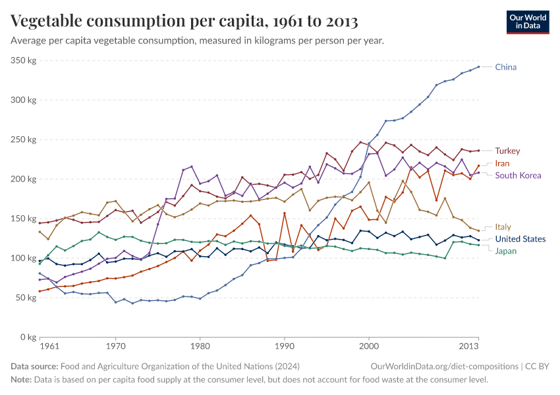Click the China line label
point(505,67)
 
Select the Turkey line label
point(507,151)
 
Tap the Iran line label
point(503,163)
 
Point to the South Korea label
point(518,175)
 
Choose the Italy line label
point(503,227)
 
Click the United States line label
point(520,239)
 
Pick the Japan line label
point(505,251)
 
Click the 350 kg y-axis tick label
point(23,61)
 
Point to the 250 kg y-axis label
point(23,140)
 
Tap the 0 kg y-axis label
point(27,337)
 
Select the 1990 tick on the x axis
point(285,346)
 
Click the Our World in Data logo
point(527,22)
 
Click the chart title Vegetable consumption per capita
point(184,22)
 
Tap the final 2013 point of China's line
point(478,66)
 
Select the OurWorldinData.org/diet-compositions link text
point(445,366)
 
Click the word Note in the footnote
point(21,380)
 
